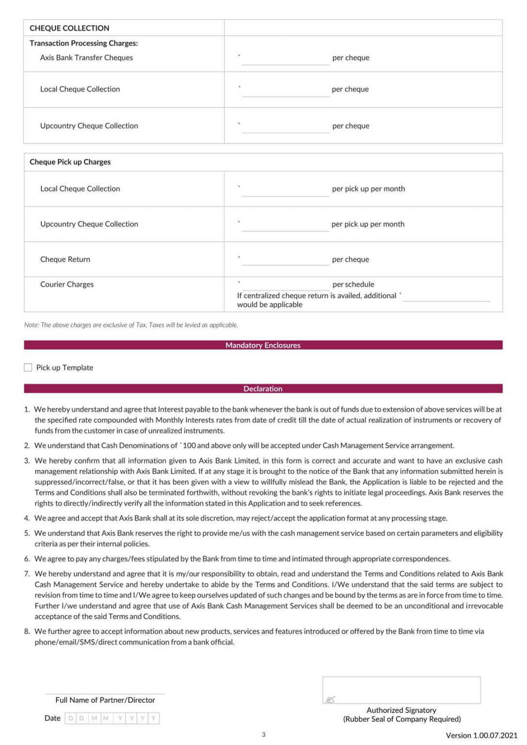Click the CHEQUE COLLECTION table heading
(69, 28)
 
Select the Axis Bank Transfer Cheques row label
(86, 58)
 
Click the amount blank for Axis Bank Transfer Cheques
(285, 60)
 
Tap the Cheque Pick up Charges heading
(70, 162)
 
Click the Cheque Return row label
(65, 259)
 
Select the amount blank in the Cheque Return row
(285, 260)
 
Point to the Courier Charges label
(67, 284)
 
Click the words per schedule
(353, 284)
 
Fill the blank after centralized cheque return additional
(446, 296)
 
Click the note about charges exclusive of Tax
(131, 325)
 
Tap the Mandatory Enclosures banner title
(263, 345)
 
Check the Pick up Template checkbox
(28, 368)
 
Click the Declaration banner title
(263, 389)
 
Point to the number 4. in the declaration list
(27, 518)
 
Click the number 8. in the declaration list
(27, 632)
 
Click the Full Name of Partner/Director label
(105, 700)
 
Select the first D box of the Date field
(71, 718)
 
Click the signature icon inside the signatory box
(330, 699)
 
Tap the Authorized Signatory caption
(401, 710)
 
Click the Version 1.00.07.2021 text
(481, 735)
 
